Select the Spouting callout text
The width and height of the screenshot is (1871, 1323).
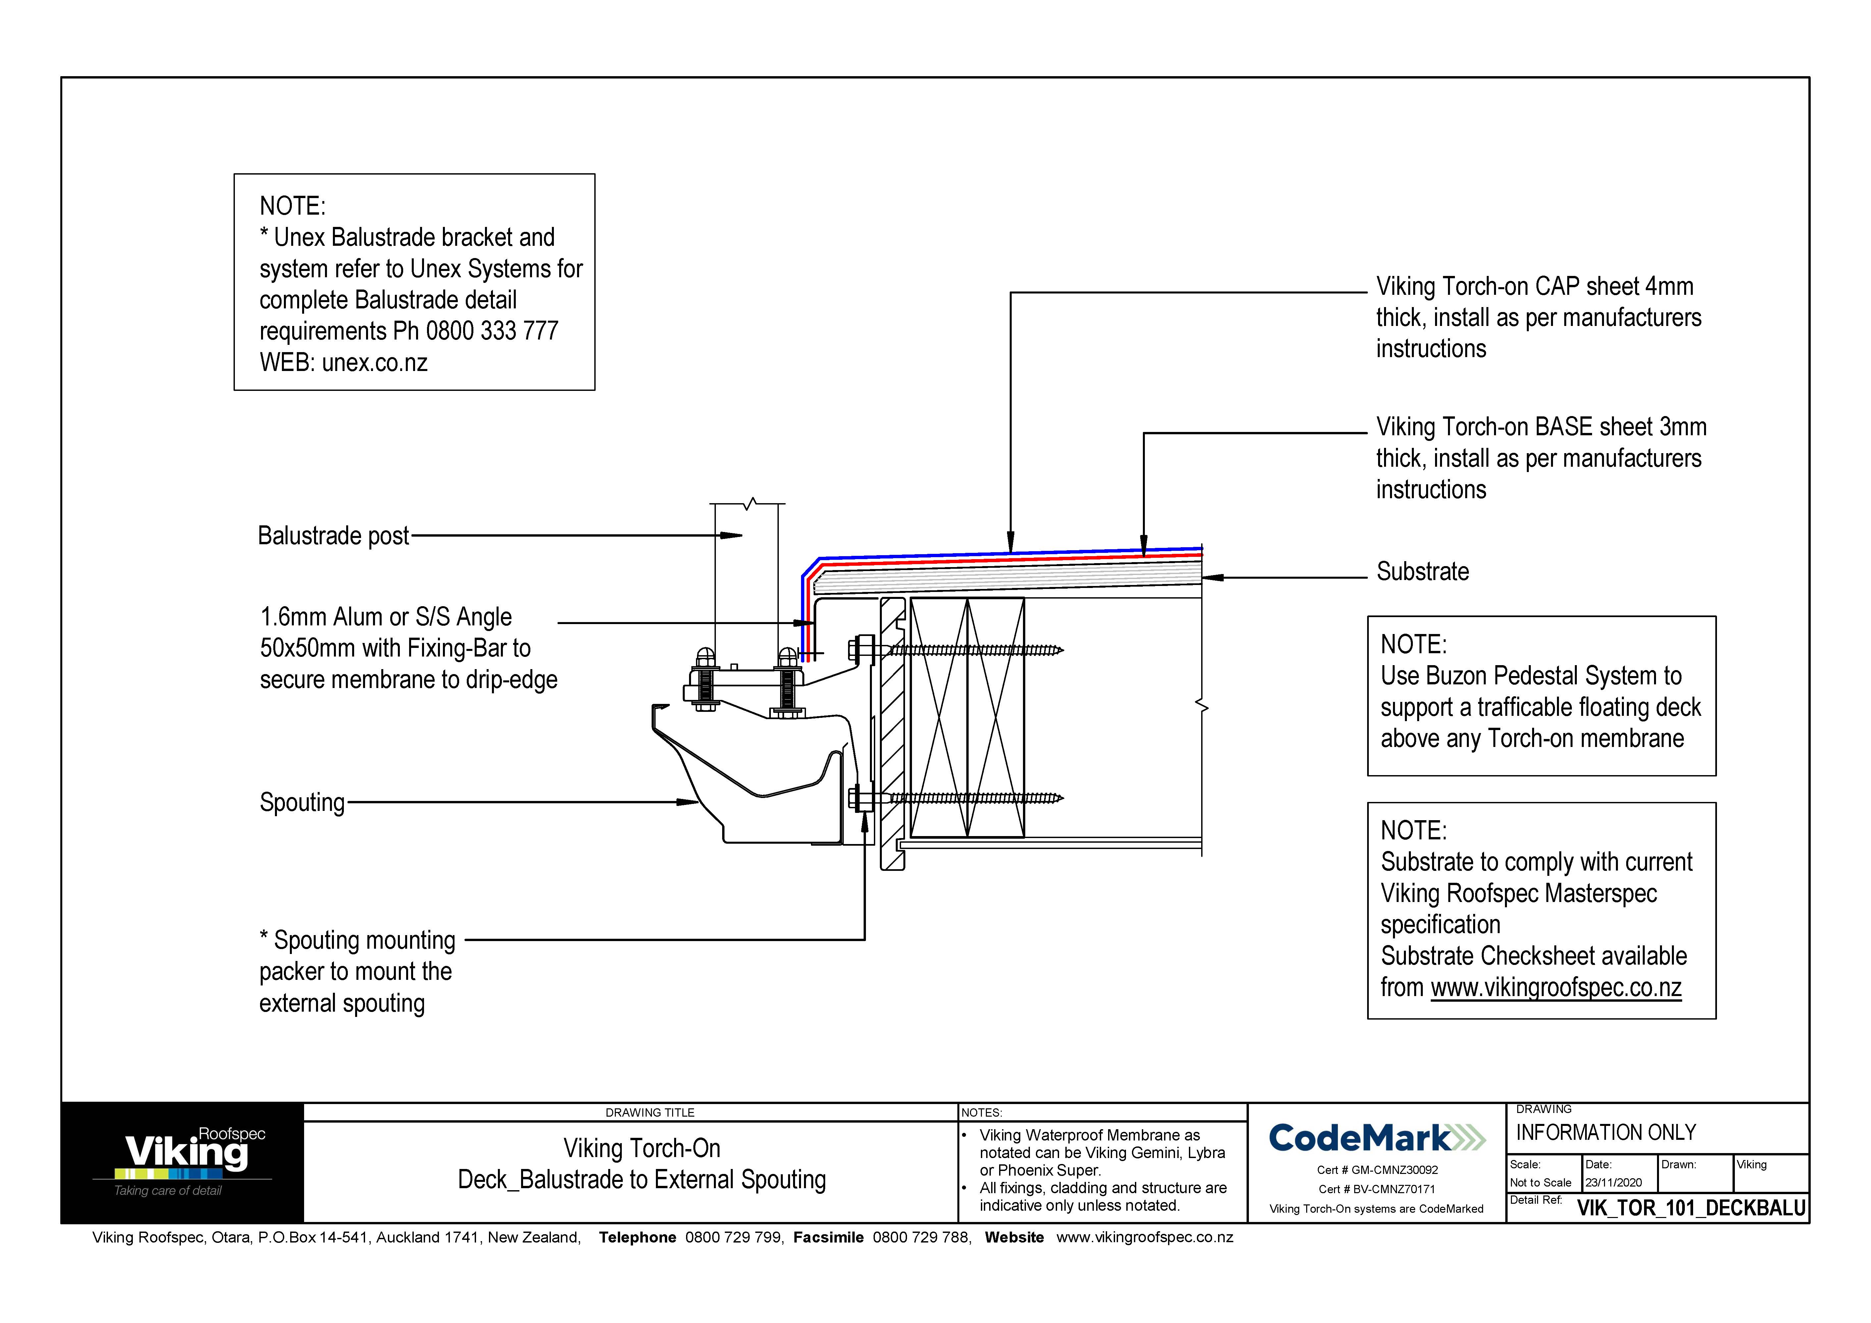pyautogui.click(x=301, y=802)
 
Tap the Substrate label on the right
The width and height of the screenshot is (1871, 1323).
pyautogui.click(x=1422, y=572)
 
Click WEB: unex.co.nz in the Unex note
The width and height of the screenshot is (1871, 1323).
pyautogui.click(x=343, y=362)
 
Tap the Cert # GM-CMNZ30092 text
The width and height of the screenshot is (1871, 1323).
pyautogui.click(x=1377, y=1170)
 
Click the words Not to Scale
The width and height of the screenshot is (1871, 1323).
pyautogui.click(x=1540, y=1183)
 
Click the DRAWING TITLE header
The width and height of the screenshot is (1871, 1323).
pyautogui.click(x=650, y=1113)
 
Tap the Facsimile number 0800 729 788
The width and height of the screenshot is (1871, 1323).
pyautogui.click(x=921, y=1238)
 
